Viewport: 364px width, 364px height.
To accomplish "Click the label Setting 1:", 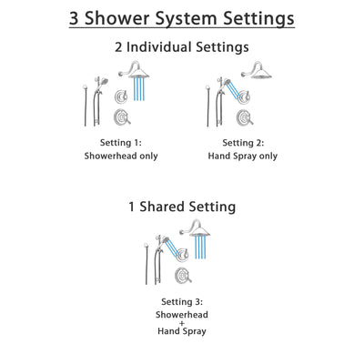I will point(122,142).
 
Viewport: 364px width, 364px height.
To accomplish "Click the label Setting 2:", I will point(242,142).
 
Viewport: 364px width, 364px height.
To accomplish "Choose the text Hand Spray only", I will point(242,156).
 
